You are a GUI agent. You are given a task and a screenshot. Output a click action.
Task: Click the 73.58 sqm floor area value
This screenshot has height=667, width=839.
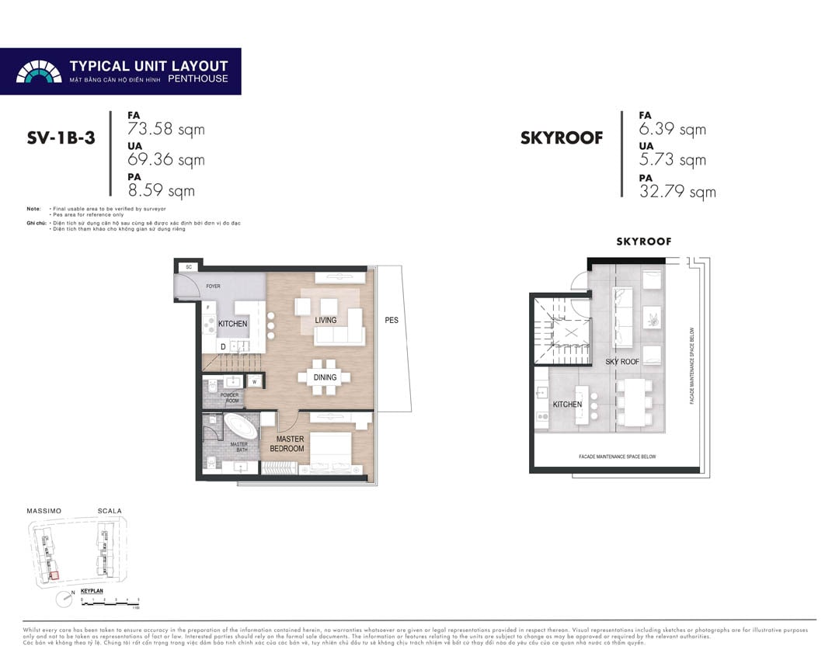(x=166, y=130)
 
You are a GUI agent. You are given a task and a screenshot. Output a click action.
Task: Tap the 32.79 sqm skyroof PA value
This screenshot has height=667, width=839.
(x=677, y=192)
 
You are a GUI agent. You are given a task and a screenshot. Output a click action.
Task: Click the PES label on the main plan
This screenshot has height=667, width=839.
(x=392, y=320)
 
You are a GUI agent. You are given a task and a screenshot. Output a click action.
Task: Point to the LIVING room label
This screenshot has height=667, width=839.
(x=326, y=320)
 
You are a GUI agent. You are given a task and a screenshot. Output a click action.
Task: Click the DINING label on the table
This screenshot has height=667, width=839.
(x=325, y=377)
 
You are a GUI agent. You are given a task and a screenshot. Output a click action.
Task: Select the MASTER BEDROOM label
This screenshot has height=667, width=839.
(x=287, y=444)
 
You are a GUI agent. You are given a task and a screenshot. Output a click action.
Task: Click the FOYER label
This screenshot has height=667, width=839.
(x=213, y=287)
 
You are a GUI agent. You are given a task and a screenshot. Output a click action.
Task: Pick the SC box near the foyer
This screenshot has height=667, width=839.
(x=188, y=267)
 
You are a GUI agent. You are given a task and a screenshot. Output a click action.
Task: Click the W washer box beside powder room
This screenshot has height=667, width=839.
(x=254, y=381)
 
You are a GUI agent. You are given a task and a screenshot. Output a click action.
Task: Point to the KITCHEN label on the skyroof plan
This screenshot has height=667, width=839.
(x=567, y=405)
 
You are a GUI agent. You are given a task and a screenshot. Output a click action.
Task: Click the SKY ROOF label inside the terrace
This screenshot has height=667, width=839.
(x=622, y=362)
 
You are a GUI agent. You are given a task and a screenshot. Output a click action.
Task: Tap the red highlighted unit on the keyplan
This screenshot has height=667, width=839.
(x=54, y=575)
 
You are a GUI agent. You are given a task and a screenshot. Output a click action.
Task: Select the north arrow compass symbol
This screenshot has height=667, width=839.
(x=62, y=599)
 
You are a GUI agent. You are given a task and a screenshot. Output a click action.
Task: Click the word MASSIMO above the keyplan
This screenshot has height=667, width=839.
(x=44, y=511)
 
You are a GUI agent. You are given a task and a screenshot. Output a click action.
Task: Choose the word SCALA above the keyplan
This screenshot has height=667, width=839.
(x=110, y=511)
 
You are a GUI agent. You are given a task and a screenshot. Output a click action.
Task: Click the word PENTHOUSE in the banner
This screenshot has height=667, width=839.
(x=199, y=79)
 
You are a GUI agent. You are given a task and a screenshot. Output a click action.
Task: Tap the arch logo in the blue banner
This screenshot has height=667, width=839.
(x=38, y=71)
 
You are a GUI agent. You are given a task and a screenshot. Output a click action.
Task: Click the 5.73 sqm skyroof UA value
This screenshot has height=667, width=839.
(x=673, y=160)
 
